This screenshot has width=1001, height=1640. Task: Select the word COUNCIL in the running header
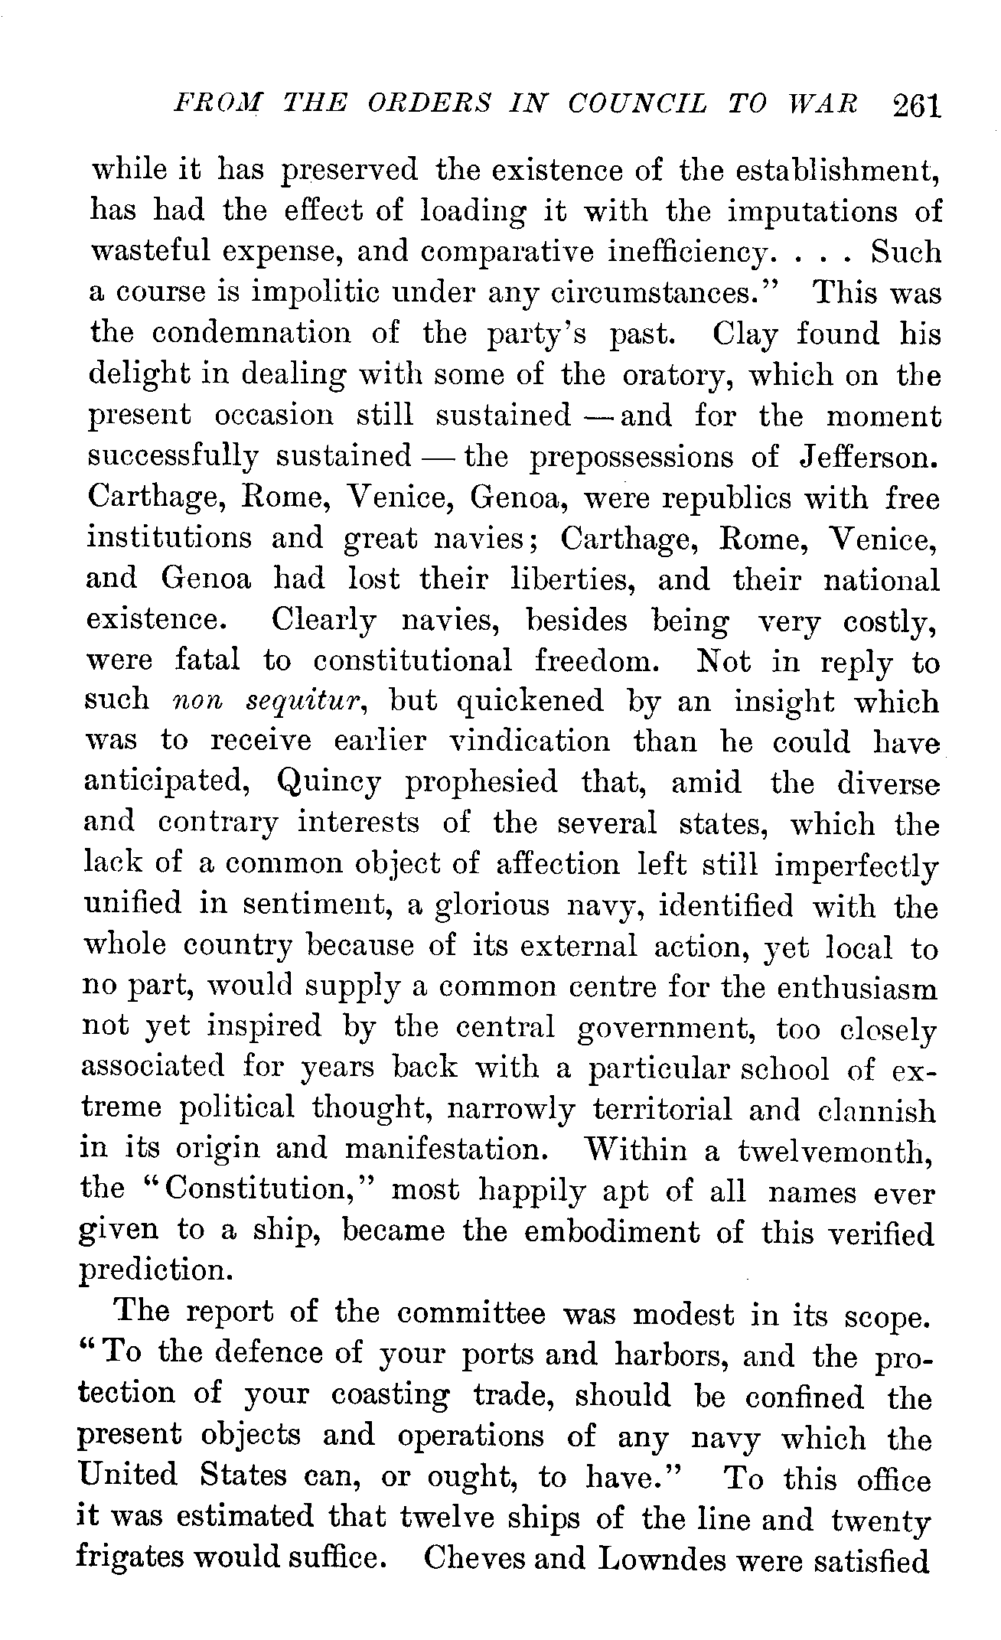coord(637,104)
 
